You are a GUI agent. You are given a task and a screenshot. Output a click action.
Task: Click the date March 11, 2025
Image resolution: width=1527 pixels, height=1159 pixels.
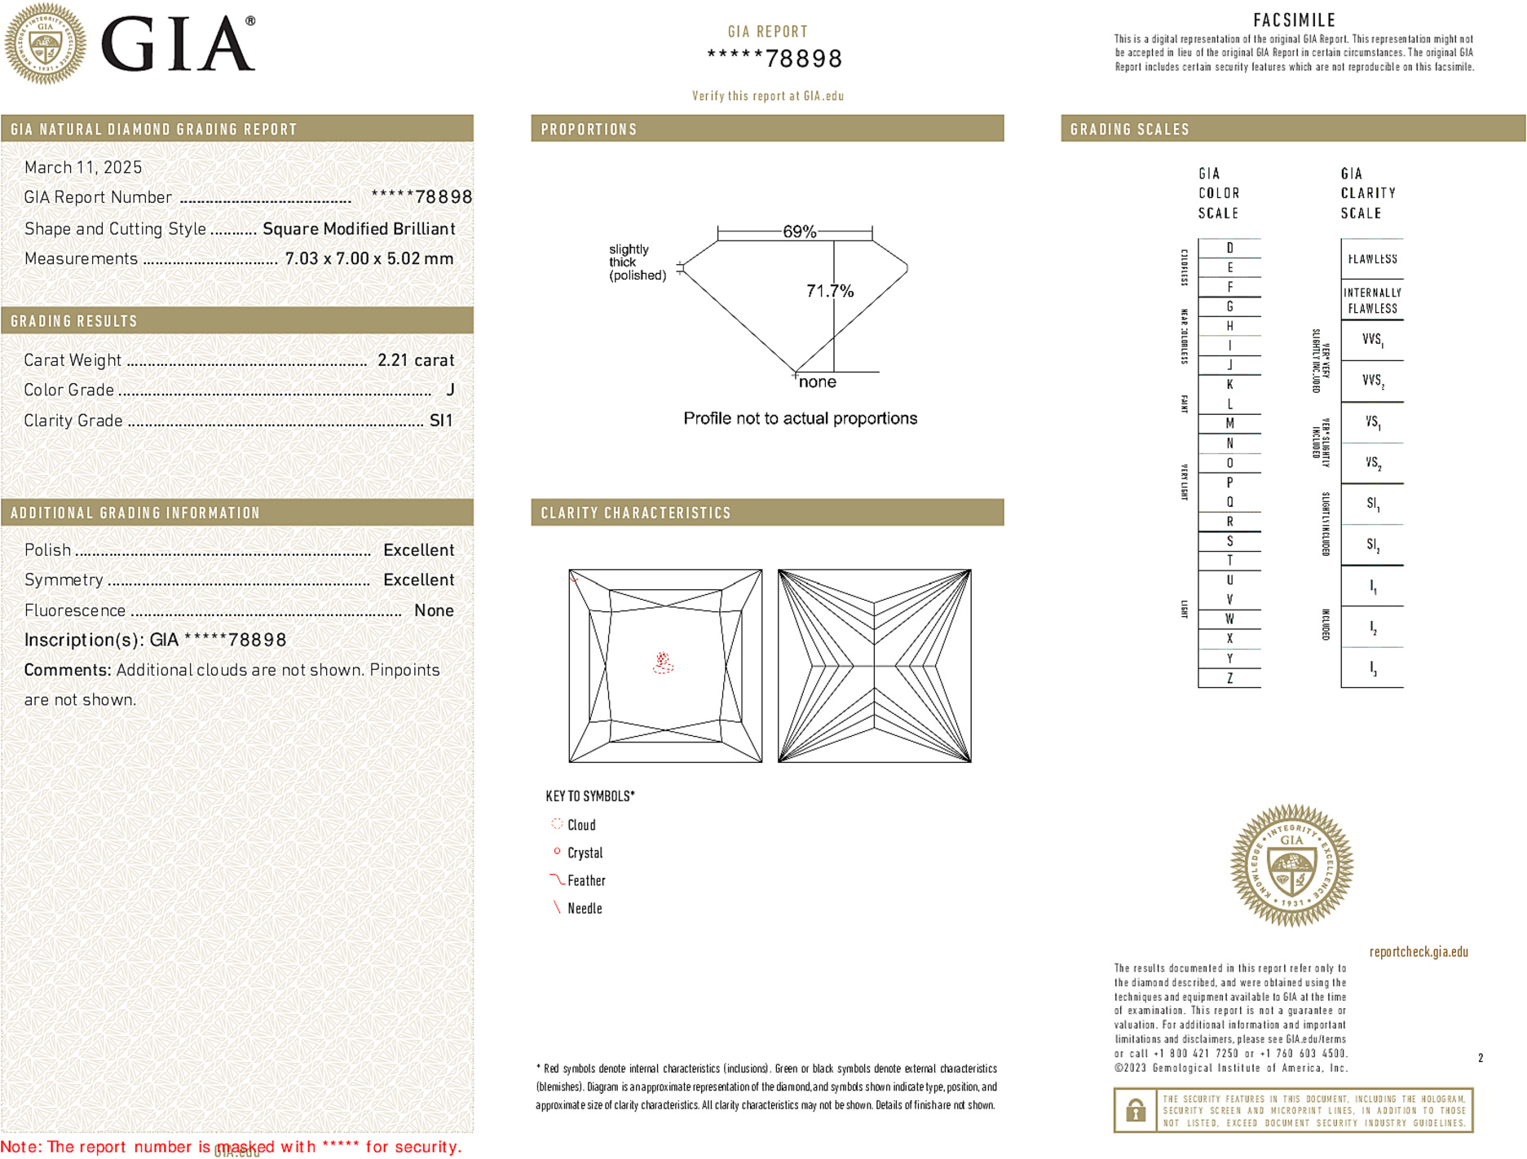pos(83,167)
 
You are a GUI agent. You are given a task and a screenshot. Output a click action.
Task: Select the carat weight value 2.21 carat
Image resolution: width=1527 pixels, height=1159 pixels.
pos(415,360)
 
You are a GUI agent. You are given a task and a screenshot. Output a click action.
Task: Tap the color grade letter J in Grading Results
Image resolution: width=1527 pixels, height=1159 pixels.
pos(450,390)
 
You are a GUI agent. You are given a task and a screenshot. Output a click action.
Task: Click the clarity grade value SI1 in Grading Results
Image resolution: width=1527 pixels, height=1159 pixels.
pos(440,421)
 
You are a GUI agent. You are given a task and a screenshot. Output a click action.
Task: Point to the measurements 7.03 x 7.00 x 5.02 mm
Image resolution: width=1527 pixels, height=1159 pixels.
pos(369,259)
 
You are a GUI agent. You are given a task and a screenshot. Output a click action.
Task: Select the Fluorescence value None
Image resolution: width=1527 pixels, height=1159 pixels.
pos(433,610)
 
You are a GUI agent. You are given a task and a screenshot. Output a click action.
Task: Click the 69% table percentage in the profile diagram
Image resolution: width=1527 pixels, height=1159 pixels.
pos(798,231)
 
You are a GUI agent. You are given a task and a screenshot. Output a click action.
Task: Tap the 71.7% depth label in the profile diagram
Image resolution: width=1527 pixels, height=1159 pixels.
pos(829,291)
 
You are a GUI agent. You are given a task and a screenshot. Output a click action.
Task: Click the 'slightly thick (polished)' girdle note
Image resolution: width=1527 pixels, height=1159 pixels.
pos(637,262)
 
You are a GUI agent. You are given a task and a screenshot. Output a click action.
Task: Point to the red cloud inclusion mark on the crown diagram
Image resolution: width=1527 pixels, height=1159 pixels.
pos(663,663)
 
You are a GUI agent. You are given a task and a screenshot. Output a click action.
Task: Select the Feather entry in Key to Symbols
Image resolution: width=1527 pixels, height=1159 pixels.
pos(585,880)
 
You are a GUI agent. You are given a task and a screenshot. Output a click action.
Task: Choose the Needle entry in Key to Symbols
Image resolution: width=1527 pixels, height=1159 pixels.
pos(584,908)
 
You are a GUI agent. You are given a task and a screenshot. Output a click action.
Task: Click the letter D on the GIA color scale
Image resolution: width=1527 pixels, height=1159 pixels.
pos(1229,248)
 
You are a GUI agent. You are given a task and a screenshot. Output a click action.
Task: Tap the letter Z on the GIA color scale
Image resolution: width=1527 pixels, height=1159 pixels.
pos(1229,678)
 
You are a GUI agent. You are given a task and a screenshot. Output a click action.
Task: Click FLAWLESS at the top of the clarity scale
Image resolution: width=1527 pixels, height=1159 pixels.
pos(1372,259)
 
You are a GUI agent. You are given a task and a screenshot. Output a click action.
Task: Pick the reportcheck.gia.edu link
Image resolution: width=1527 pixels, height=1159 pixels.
pos(1418,952)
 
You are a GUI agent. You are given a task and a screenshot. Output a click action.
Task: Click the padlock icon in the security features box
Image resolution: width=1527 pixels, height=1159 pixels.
pos(1135,1110)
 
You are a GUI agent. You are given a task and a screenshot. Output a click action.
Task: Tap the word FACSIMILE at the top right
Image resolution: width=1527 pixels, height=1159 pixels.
pos(1294,20)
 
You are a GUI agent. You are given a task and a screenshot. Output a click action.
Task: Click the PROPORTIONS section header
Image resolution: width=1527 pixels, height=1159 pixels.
pos(589,130)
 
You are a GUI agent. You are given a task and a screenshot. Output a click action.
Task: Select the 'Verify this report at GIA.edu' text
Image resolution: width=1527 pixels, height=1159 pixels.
pos(767,96)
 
